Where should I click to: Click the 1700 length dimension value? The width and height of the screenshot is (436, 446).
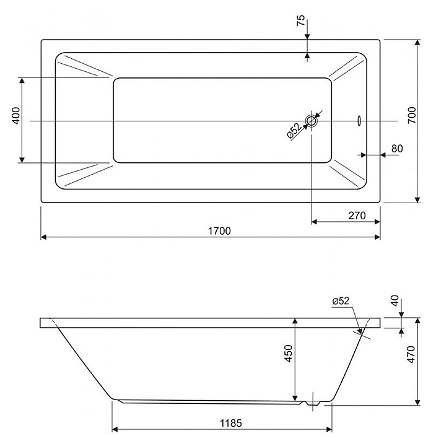(219, 230)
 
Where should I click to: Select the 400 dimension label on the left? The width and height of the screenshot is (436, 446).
(16, 115)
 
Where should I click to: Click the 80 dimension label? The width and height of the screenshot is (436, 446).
(397, 148)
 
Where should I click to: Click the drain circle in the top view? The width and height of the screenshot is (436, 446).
(311, 121)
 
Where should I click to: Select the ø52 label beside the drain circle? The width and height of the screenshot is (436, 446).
(294, 131)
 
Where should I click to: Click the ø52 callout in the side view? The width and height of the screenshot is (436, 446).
(341, 301)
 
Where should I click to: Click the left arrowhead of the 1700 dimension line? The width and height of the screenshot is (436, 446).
(43, 237)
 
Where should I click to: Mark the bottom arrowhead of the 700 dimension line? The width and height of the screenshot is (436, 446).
(418, 199)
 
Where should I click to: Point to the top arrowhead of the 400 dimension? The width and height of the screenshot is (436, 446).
(22, 81)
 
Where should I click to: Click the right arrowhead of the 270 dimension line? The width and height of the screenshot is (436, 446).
(377, 221)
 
